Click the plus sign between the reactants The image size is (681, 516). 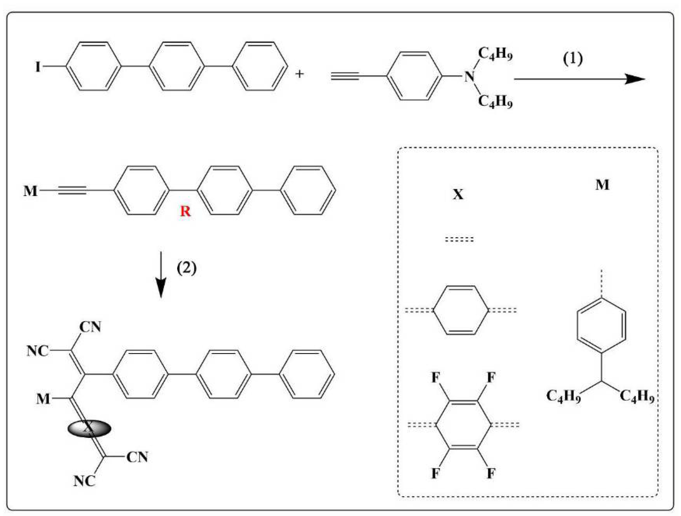pyautogui.click(x=299, y=74)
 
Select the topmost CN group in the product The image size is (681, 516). pyautogui.click(x=90, y=327)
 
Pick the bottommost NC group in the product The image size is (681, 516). pyautogui.click(x=84, y=481)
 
